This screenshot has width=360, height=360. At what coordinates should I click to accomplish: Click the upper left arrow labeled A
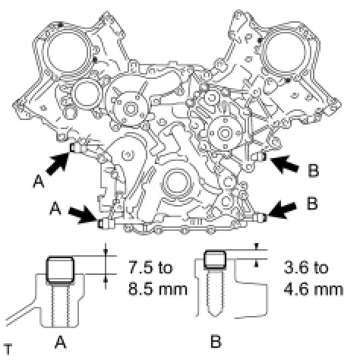(x=58, y=164)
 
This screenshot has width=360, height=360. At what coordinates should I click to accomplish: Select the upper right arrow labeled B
(x=284, y=163)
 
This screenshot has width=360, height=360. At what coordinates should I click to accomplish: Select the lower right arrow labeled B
(x=281, y=210)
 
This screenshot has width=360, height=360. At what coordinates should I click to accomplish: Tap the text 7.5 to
(x=150, y=267)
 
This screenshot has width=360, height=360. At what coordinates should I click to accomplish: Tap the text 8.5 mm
(x=157, y=289)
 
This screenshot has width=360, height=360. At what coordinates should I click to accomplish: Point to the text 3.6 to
(x=305, y=267)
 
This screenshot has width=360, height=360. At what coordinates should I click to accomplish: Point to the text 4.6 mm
(x=313, y=289)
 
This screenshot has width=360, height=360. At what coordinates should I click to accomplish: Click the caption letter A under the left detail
(x=60, y=342)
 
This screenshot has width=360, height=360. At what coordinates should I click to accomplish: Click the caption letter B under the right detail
(x=216, y=341)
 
